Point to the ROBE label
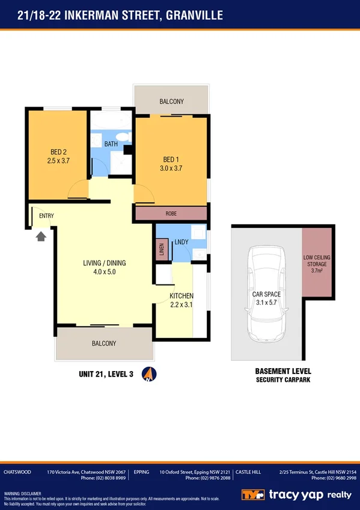pyautogui.click(x=171, y=214)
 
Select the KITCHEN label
pyautogui.click(x=181, y=296)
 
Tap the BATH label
pyautogui.click(x=111, y=144)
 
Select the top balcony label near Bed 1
pyautogui.click(x=171, y=102)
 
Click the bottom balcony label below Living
pyautogui.click(x=104, y=343)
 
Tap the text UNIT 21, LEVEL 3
pyautogui.click(x=106, y=374)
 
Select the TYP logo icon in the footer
pyautogui.click(x=252, y=494)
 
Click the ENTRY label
pyautogui.click(x=46, y=216)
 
